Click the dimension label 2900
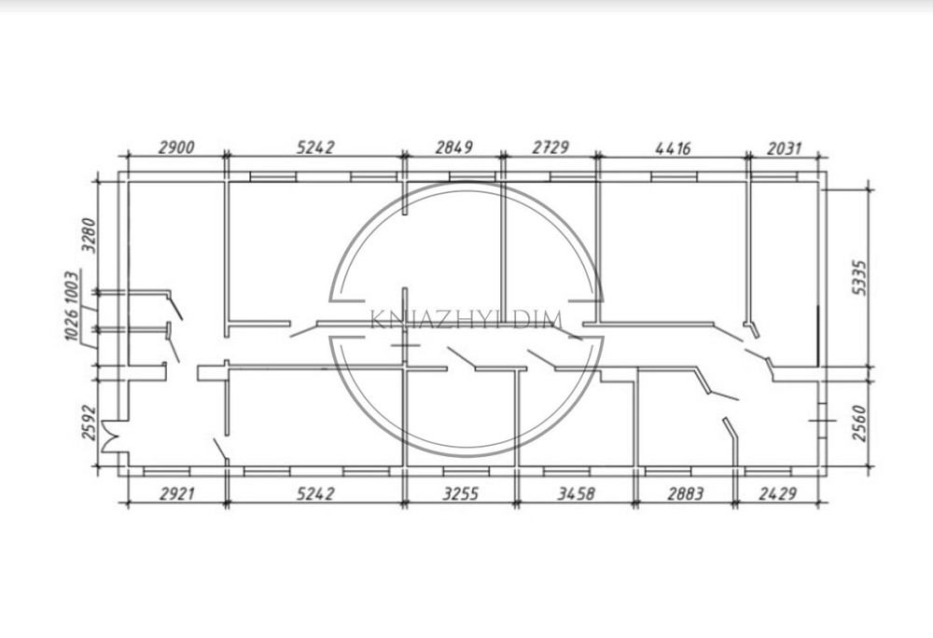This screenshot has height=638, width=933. tap(176, 146)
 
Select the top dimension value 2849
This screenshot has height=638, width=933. tap(454, 146)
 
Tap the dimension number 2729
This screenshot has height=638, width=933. tap(550, 146)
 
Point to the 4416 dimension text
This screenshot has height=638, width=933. tap(673, 147)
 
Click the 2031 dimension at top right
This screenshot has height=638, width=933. tap(785, 148)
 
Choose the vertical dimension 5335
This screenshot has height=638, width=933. tap(860, 277)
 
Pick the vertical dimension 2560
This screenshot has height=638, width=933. tap(860, 423)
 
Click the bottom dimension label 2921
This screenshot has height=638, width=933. tap(177, 493)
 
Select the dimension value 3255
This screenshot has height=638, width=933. tap(460, 493)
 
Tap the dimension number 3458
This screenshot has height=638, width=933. tap(576, 493)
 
